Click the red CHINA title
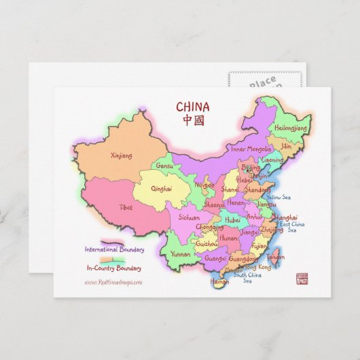(193, 107)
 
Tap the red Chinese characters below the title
(193, 120)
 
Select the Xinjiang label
(121, 156)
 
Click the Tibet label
(126, 207)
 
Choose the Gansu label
(164, 165)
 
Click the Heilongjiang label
(291, 127)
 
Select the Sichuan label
(189, 218)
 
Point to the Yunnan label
(181, 254)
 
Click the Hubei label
(233, 220)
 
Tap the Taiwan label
(276, 257)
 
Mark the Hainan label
(219, 281)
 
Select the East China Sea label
(292, 227)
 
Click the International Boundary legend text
(114, 249)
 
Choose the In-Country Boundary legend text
(115, 268)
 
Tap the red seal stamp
(302, 278)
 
